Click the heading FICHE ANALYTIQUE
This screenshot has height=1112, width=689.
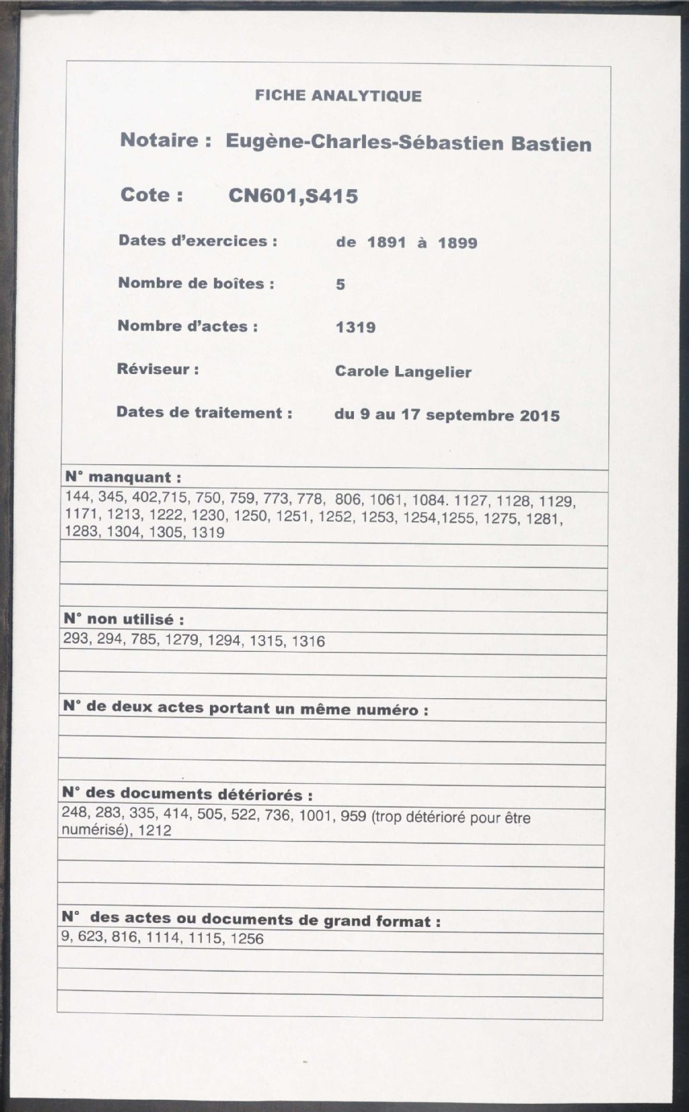(338, 96)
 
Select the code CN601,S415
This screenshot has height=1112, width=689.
(293, 196)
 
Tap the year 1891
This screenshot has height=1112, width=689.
(387, 242)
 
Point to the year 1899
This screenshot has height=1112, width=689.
(458, 243)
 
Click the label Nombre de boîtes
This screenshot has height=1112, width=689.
(196, 283)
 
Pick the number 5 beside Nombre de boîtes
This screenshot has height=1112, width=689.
(340, 285)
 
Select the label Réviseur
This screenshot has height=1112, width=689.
(157, 369)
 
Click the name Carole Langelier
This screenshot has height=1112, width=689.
(403, 371)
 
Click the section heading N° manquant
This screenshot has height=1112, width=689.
(123, 478)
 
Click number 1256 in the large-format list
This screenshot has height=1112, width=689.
(246, 938)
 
